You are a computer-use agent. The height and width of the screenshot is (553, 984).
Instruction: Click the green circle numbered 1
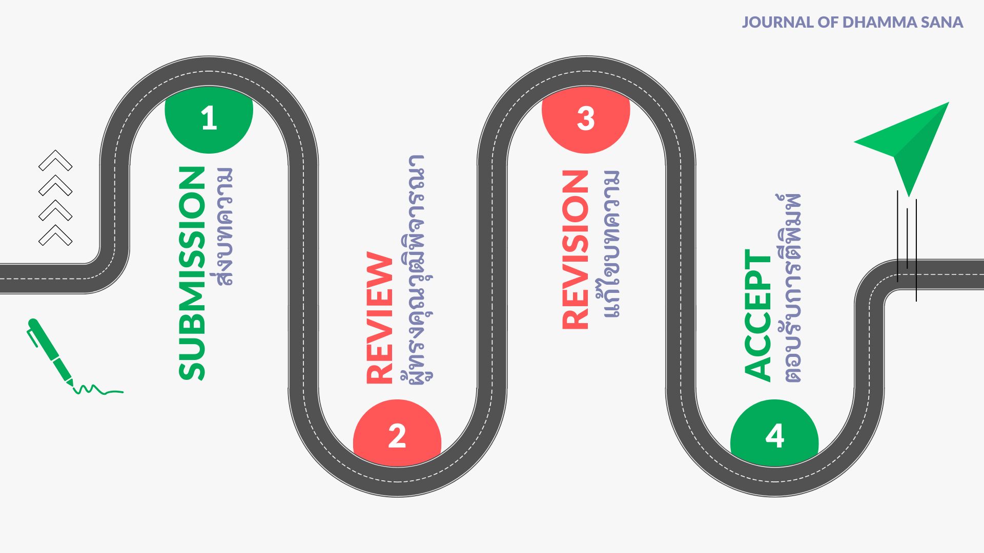tap(209, 121)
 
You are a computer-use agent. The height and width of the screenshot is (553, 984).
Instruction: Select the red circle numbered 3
tap(586, 121)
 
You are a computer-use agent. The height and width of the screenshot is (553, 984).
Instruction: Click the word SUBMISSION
tap(192, 273)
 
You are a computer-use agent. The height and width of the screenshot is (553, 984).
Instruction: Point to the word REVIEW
tap(379, 317)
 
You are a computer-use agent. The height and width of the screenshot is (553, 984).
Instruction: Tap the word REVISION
tap(575, 249)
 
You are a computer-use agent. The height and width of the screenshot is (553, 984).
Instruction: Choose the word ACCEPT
tap(757, 315)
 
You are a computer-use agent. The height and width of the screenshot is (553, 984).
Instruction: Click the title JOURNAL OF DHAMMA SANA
tap(852, 23)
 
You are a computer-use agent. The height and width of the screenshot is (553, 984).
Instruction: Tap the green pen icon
tap(50, 352)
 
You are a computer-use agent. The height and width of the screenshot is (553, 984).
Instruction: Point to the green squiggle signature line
tap(98, 390)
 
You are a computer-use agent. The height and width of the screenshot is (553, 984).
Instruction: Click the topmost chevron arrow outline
tap(55, 160)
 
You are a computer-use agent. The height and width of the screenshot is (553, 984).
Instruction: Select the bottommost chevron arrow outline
tap(55, 236)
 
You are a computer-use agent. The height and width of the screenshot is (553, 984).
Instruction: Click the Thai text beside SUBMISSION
tap(224, 226)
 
